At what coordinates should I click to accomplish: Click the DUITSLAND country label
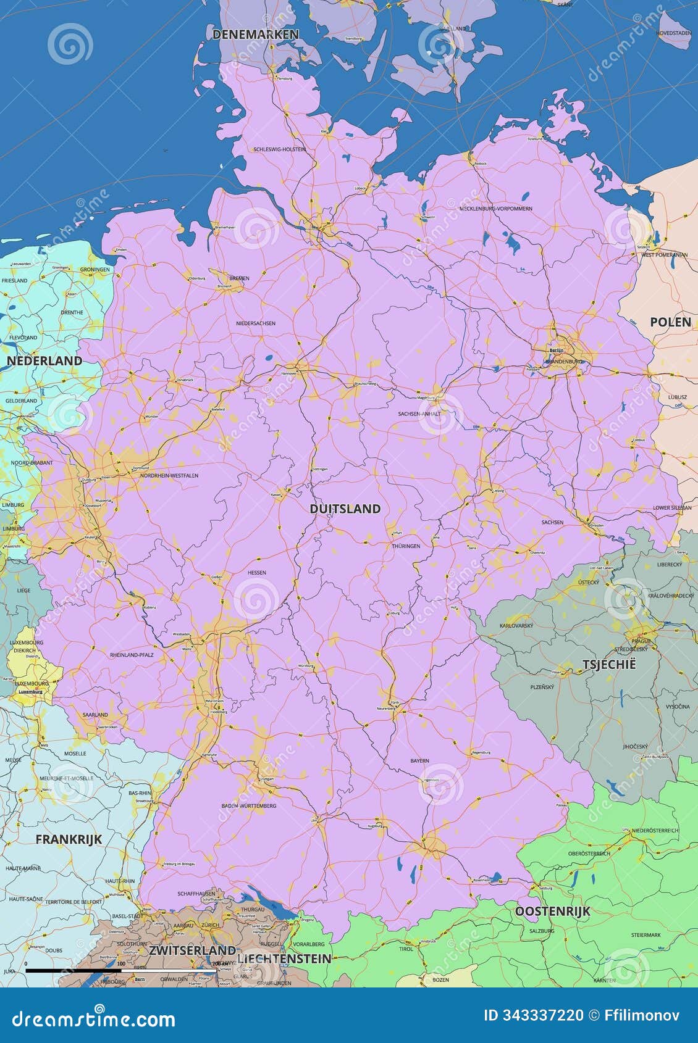pyautogui.click(x=345, y=509)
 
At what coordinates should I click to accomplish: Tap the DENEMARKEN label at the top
pyautogui.click(x=255, y=35)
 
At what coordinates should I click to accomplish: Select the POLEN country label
pyautogui.click(x=670, y=322)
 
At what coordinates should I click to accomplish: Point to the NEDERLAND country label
pyautogui.click(x=44, y=360)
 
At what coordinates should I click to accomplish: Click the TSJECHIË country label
pyautogui.click(x=608, y=665)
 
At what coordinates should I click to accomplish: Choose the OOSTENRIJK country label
pyautogui.click(x=552, y=911)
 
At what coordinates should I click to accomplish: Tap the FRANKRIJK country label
pyautogui.click(x=69, y=839)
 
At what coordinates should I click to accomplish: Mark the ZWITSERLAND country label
pyautogui.click(x=192, y=950)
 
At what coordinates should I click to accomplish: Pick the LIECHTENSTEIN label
pyautogui.click(x=284, y=958)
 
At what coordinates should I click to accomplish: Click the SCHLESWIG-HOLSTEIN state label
pyautogui.click(x=279, y=149)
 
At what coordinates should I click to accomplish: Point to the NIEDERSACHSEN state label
pyautogui.click(x=256, y=323)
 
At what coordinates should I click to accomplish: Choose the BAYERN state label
pyautogui.click(x=419, y=761)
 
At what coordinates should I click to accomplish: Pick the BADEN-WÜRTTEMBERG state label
pyautogui.click(x=248, y=806)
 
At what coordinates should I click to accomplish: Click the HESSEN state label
pyautogui.click(x=257, y=573)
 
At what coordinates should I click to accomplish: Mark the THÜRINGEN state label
pyautogui.click(x=406, y=546)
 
